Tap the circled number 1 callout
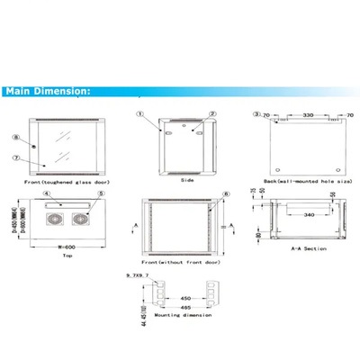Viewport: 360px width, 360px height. [x=141, y=115]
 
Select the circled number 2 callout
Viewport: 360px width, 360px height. [x=212, y=115]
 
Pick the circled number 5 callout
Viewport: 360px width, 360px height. [x=100, y=193]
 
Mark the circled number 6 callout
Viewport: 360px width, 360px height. [x=226, y=193]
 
